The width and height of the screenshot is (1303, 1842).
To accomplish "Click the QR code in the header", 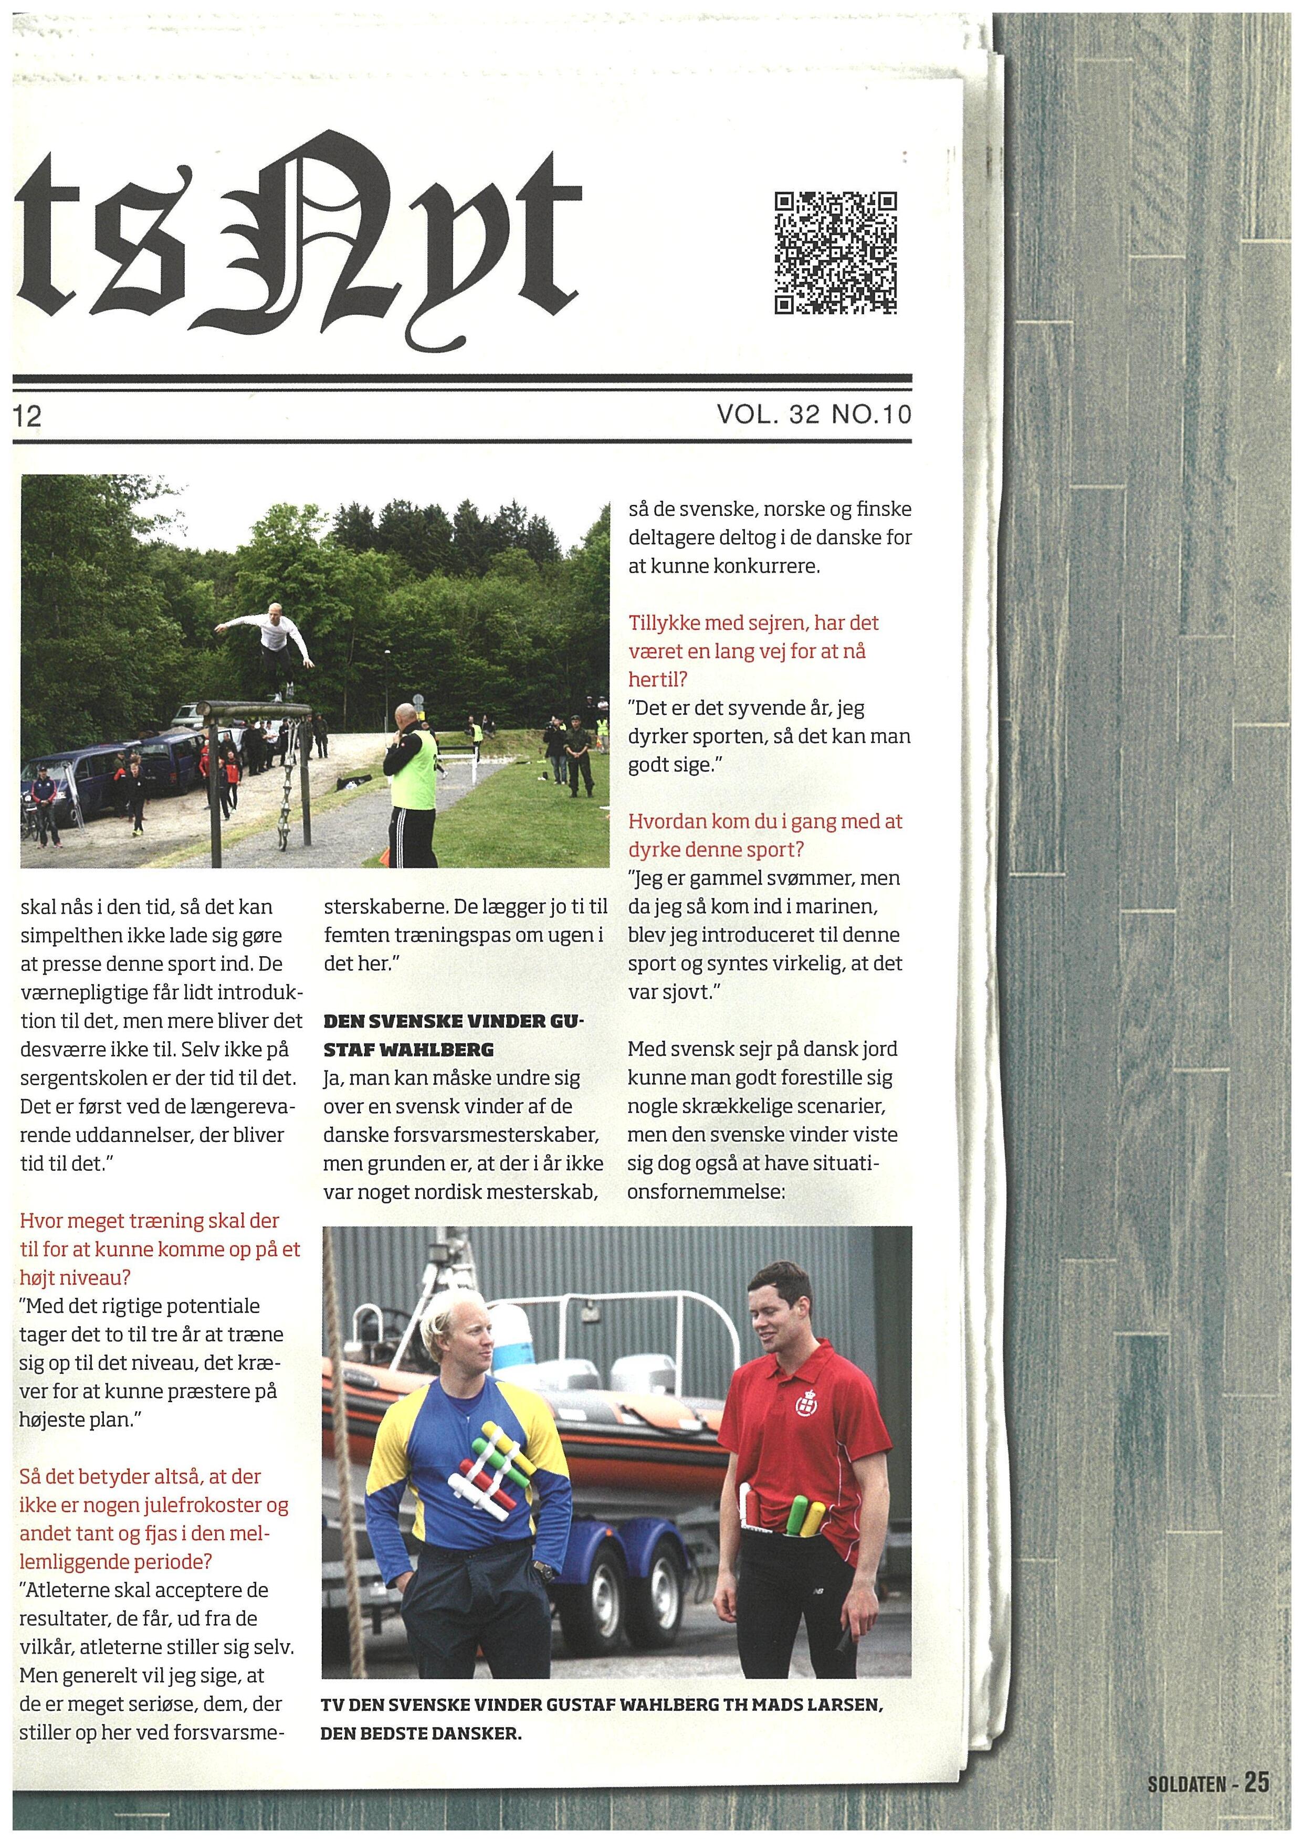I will coord(835,253).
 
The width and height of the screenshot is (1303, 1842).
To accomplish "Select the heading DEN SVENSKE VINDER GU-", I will coord(454,1022).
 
